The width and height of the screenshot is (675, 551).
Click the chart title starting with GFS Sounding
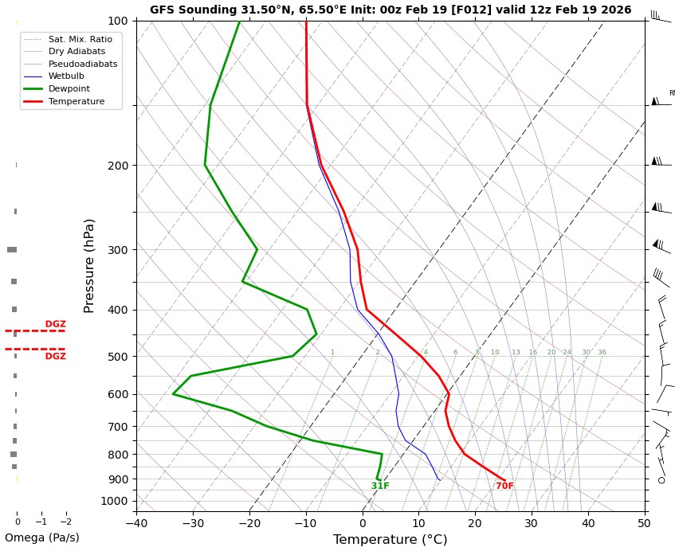pyautogui.click(x=390, y=10)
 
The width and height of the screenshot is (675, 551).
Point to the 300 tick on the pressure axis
pyautogui.click(x=118, y=250)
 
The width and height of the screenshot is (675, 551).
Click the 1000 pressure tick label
pyautogui.click(x=116, y=501)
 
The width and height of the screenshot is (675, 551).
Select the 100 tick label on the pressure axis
pyautogui.click(x=118, y=21)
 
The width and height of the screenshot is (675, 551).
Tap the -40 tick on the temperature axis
pyautogui.click(x=136, y=523)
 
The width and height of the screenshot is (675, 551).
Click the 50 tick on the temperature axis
pyautogui.click(x=644, y=523)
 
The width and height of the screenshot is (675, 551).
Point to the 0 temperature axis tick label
pyautogui.click(x=363, y=523)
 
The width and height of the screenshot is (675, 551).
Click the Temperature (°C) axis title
pyautogui.click(x=390, y=540)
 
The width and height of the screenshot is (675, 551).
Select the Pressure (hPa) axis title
pyautogui.click(x=90, y=265)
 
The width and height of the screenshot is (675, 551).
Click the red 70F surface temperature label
pyautogui.click(x=504, y=487)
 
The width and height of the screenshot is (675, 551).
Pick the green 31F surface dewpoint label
pyautogui.click(x=380, y=487)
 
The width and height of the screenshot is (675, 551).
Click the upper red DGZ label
pyautogui.click(x=55, y=324)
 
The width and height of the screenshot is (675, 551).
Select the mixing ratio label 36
pyautogui.click(x=602, y=353)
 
